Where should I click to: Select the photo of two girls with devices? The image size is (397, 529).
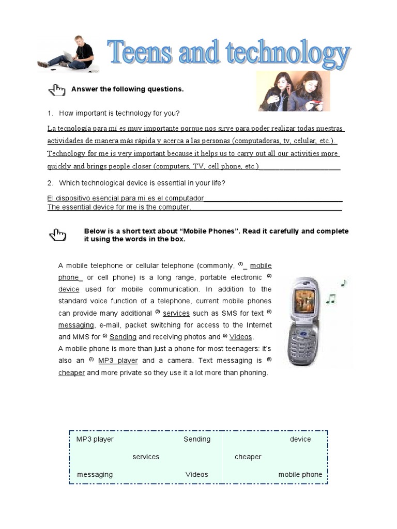coord(294,91)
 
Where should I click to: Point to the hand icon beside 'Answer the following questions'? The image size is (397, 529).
coord(57,90)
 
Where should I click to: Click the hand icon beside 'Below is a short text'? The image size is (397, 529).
coord(57,235)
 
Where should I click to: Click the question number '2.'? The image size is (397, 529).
coord(50,183)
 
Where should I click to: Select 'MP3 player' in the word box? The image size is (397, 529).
coord(95,439)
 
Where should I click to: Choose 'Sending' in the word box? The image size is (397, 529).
coord(197,439)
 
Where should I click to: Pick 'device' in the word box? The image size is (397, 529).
coord(300,439)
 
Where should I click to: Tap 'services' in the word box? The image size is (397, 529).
coord(146,457)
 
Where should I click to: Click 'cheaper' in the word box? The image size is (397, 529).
coord(248,457)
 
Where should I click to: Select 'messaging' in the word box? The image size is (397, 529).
coord(95,474)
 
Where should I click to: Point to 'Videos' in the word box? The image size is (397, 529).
coord(197,474)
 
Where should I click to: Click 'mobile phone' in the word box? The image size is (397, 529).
coord(300,474)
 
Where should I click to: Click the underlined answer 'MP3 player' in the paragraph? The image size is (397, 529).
coord(118,361)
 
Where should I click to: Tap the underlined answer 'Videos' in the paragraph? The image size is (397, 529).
coord(241,337)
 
